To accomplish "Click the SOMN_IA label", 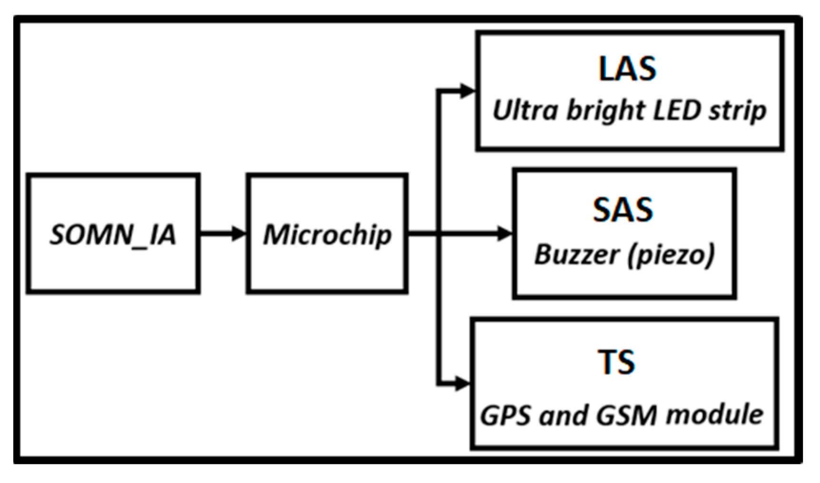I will coord(113,235).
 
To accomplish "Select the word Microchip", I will coord(327,235).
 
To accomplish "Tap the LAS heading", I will coord(627,69).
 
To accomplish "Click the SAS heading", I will coord(623,209).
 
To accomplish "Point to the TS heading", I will coord(616,362).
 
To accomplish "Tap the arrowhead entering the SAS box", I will coord(504,234).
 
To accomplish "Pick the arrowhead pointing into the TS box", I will coord(463,383).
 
